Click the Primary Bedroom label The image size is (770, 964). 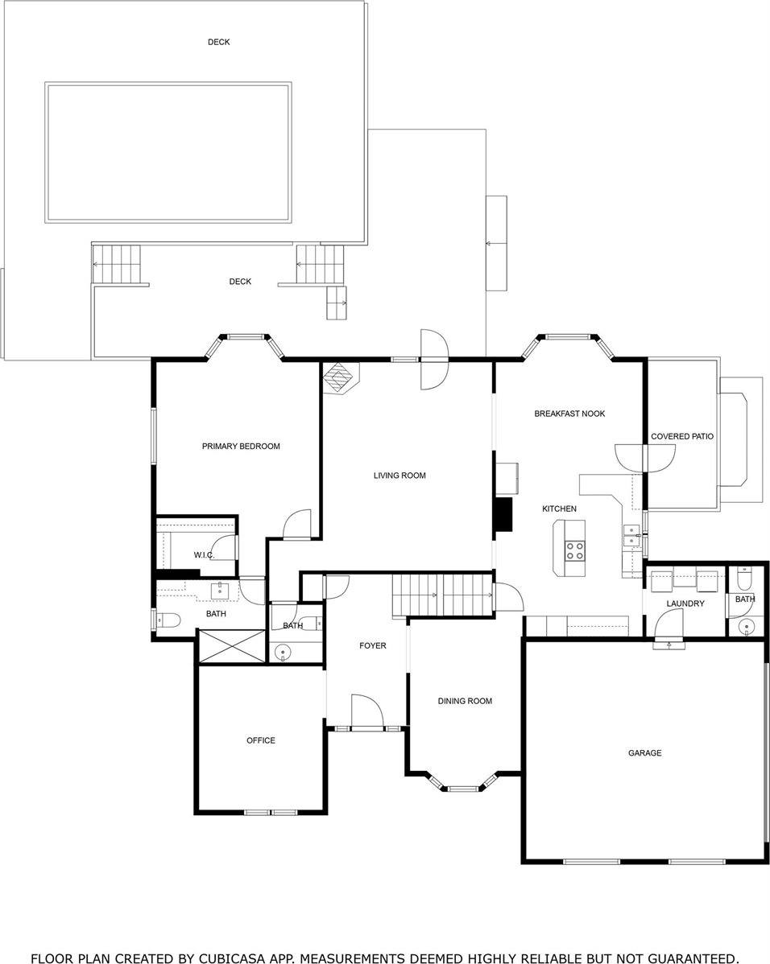(x=241, y=446)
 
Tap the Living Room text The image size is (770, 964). (x=399, y=476)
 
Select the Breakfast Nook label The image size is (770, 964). (x=569, y=414)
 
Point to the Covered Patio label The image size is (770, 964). (x=682, y=436)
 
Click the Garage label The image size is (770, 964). (x=644, y=753)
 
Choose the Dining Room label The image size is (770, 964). (x=465, y=701)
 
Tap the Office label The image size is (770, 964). (x=261, y=740)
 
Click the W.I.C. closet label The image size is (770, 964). (x=204, y=555)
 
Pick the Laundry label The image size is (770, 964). (x=685, y=604)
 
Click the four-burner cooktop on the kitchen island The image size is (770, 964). (x=576, y=550)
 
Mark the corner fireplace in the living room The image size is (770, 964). (x=340, y=377)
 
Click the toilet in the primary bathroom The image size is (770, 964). (x=166, y=620)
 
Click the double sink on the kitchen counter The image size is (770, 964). (x=627, y=534)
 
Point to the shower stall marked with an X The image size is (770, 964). (x=231, y=647)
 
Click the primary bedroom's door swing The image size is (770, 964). (x=297, y=525)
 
